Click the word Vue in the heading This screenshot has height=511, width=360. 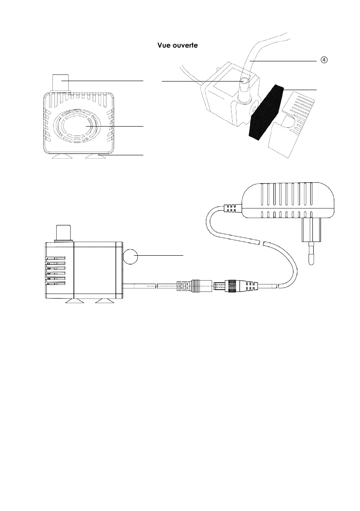163,45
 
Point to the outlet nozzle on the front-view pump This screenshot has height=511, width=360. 61,83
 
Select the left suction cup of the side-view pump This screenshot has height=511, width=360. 74,303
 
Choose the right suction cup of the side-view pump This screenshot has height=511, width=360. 104,303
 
